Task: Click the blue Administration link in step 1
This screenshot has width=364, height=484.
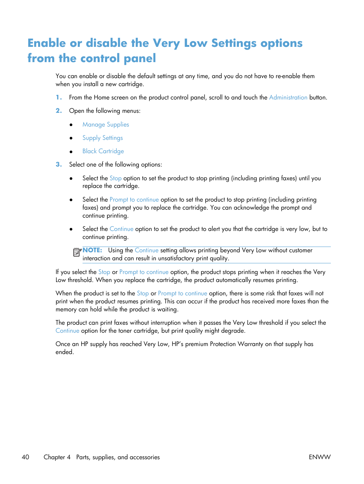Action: [x=288, y=98]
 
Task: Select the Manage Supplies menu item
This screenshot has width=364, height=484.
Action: [x=106, y=125]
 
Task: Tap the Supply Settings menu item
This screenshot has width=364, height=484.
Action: [x=103, y=138]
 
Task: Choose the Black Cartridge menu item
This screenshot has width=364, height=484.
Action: [x=103, y=151]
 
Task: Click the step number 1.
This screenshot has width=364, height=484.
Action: [x=58, y=98]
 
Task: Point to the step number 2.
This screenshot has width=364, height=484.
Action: [x=58, y=111]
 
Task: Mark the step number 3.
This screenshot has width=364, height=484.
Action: [x=58, y=165]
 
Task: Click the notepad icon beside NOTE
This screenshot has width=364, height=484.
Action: [x=77, y=252]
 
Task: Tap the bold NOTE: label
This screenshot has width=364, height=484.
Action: [x=92, y=250]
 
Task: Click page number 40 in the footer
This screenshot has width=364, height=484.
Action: [x=26, y=457]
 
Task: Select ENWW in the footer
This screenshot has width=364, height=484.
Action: [x=319, y=457]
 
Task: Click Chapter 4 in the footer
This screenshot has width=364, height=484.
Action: [x=57, y=457]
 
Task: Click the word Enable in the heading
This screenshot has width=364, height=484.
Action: [x=47, y=43]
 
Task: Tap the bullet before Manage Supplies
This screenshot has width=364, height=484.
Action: [x=71, y=125]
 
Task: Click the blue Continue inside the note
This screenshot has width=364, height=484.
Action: [x=147, y=250]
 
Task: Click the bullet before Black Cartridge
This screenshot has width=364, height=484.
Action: [x=71, y=152]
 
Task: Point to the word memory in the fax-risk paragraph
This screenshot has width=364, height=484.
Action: [x=66, y=310]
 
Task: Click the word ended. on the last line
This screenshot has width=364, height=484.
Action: [x=64, y=352]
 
